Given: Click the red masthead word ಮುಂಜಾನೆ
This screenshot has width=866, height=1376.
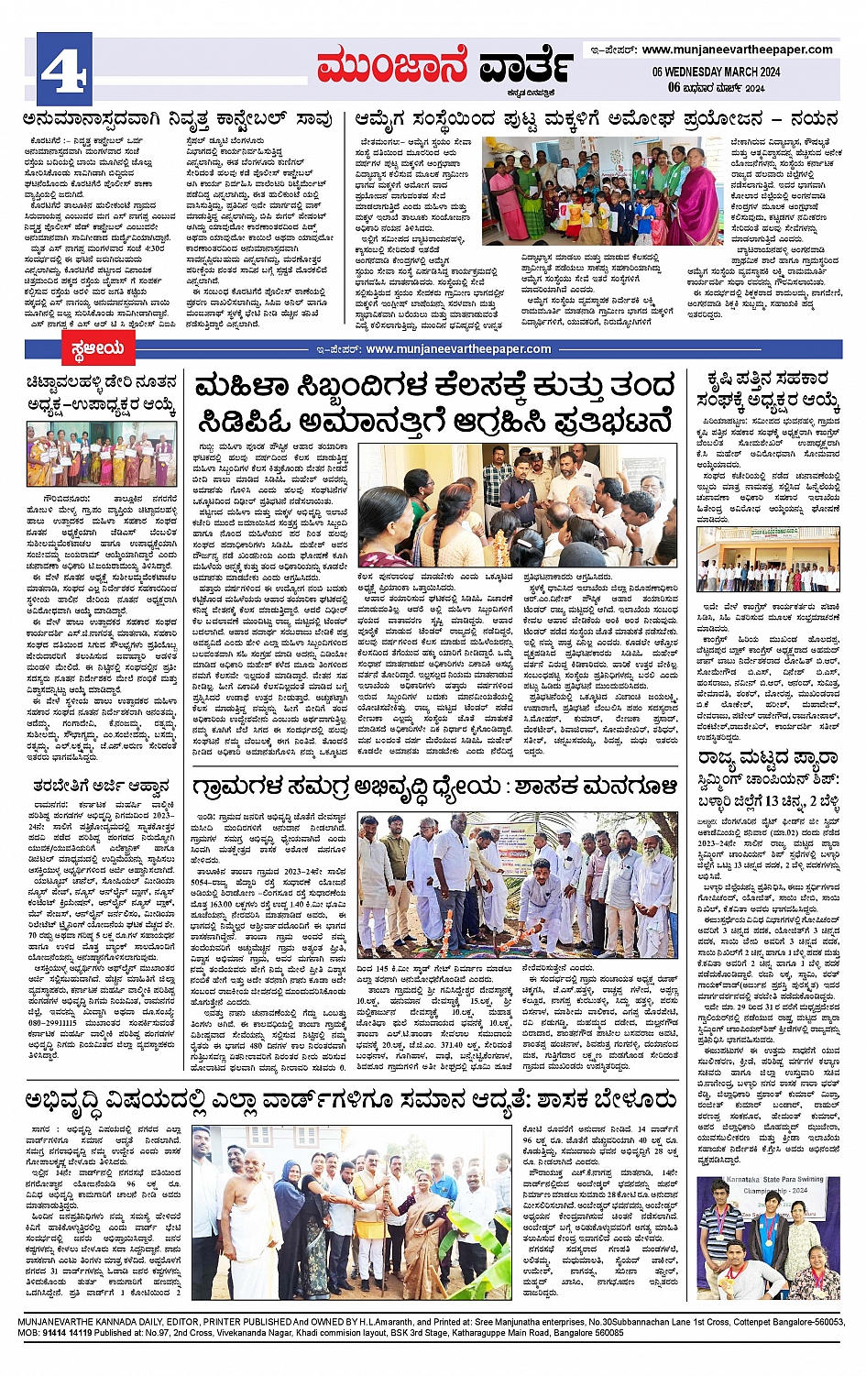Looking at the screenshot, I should [392, 66].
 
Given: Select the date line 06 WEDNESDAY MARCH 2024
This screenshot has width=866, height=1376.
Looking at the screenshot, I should [716, 72].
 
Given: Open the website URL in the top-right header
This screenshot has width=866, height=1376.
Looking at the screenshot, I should [737, 50].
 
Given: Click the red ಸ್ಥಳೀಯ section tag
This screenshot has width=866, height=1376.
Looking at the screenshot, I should [96, 348].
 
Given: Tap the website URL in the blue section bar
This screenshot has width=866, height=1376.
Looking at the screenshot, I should [458, 348].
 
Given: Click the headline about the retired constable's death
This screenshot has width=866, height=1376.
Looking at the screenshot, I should [178, 119].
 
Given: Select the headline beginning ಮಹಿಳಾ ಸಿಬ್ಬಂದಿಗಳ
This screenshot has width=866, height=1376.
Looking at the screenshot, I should [435, 402].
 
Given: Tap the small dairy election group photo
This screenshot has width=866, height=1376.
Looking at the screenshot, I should [101, 455].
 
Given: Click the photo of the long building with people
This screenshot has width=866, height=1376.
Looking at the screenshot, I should [768, 559].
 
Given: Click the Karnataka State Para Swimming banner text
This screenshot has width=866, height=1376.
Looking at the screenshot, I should [768, 1185].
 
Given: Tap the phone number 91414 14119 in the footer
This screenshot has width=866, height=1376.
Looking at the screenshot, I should [67, 1333].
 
